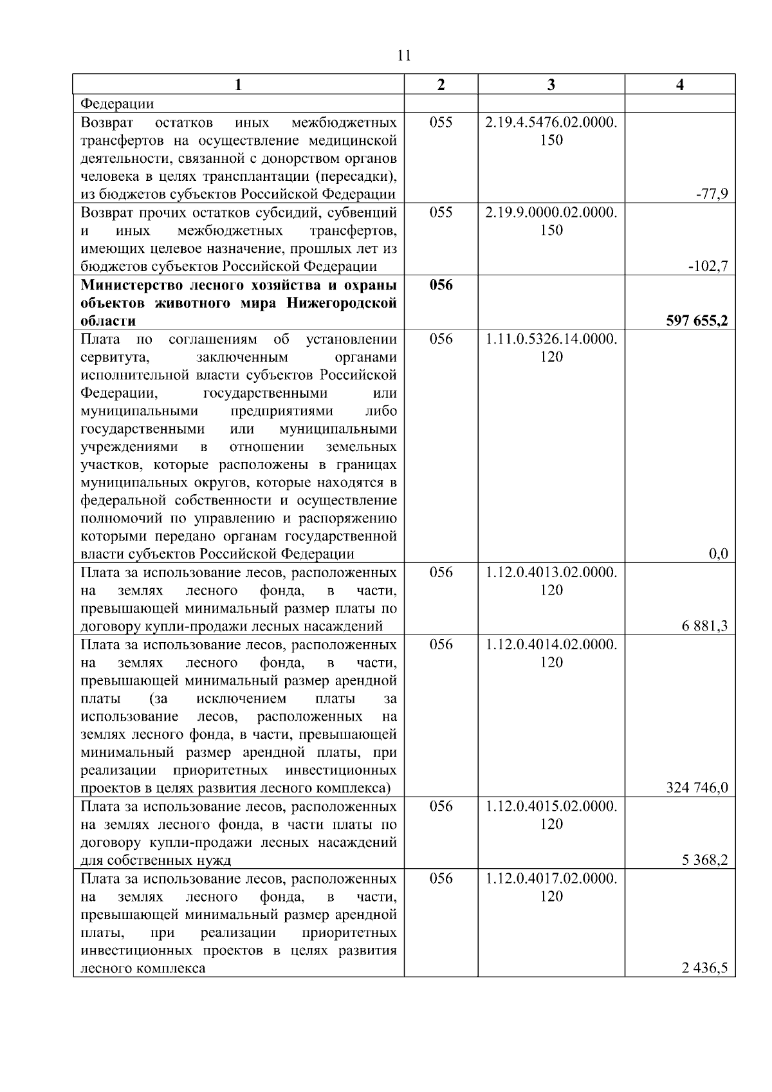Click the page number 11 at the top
tap(404, 55)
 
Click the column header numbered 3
tap(551, 85)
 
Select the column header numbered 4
tap(680, 85)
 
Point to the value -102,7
tap(709, 266)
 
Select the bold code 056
tap(441, 285)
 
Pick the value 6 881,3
tap(705, 626)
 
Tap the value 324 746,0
tap(697, 788)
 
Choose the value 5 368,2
tap(705, 860)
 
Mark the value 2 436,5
tap(705, 968)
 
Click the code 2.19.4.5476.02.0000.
tap(551, 122)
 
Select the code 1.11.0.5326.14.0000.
tap(551, 338)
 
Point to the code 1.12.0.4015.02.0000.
tap(551, 807)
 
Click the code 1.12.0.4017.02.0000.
tap(551, 879)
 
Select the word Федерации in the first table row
tap(117, 104)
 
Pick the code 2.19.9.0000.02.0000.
tap(551, 212)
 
